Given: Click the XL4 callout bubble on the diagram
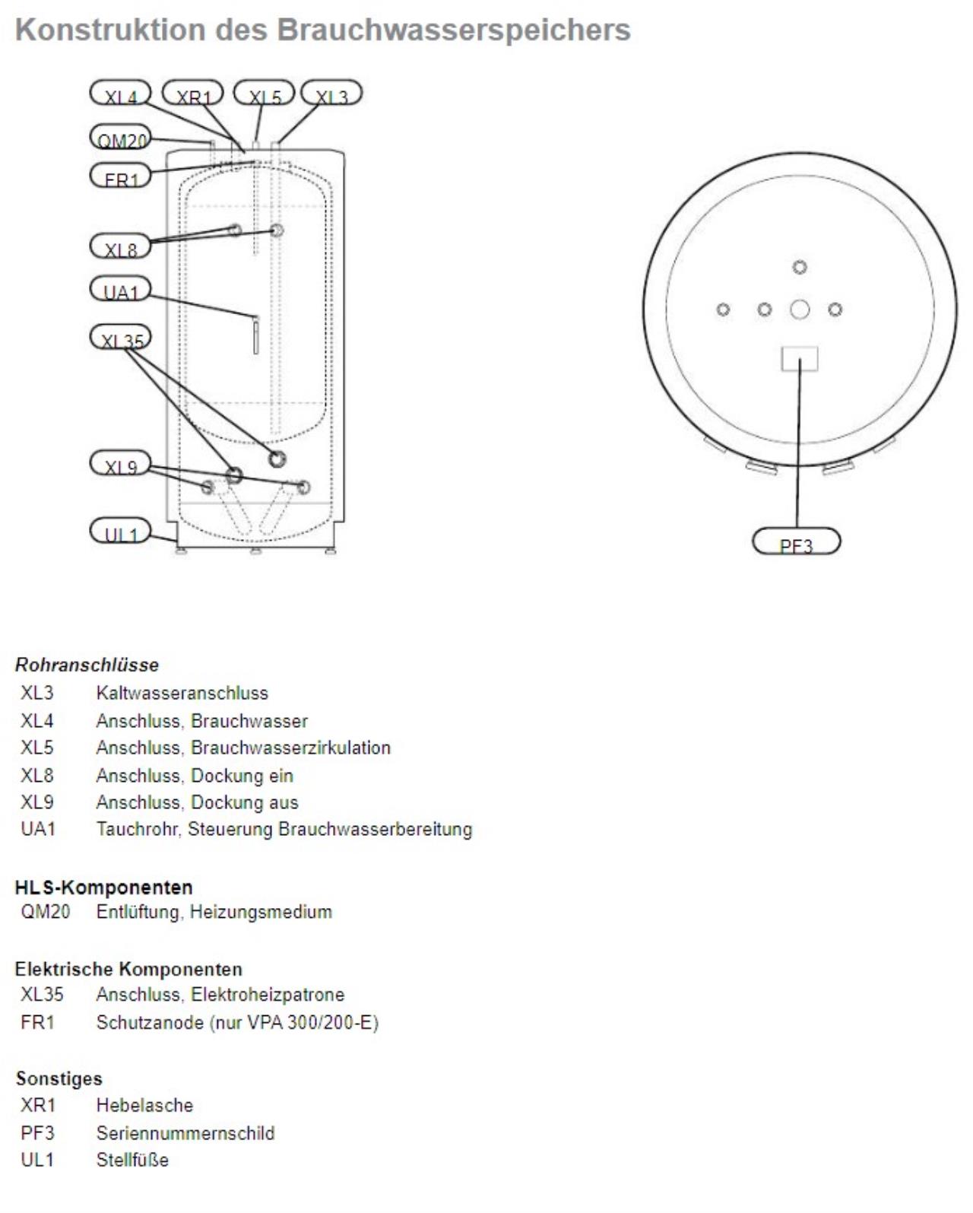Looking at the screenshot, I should (120, 94).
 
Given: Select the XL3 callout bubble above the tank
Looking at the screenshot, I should (331, 94).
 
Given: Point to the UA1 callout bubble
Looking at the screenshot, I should (120, 290).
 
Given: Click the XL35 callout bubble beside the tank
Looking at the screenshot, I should (120, 338).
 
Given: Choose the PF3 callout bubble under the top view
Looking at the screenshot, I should (796, 542).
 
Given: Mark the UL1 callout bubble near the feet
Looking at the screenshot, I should (120, 531).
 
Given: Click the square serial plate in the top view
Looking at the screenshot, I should (800, 358).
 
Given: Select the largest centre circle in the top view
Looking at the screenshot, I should (800, 310).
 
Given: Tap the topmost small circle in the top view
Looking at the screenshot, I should (800, 267).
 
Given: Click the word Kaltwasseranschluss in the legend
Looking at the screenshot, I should (182, 693).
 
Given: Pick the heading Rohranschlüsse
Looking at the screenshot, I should (87, 665).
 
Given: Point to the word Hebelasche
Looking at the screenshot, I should (144, 1105).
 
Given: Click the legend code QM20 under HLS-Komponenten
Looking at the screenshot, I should (45, 911).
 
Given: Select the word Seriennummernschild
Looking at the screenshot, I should (185, 1133).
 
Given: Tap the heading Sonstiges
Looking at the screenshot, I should (59, 1078).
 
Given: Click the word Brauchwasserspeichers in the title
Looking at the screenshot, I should (453, 30).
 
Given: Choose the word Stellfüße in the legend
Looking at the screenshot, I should (132, 1160).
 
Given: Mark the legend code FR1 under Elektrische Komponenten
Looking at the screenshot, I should (38, 1022).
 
